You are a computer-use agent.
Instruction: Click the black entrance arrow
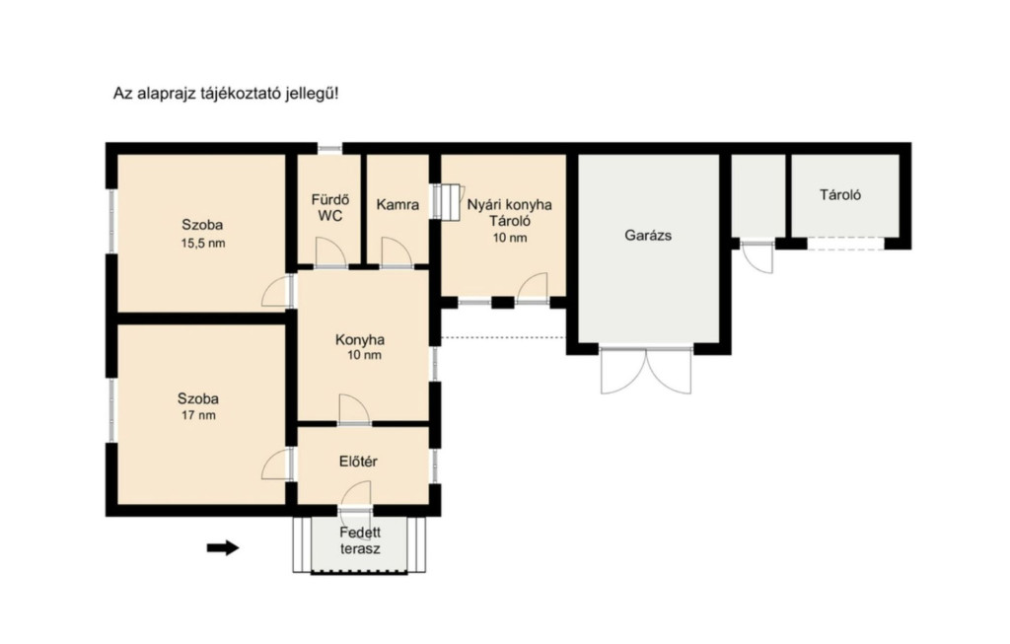[223, 548]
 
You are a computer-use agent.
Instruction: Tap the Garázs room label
[648, 236]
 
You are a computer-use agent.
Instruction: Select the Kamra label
[397, 205]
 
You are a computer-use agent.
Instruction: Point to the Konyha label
[360, 340]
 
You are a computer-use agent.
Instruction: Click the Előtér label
[358, 462]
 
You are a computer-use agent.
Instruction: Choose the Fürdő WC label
[329, 207]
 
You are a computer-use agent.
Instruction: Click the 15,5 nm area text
[203, 244]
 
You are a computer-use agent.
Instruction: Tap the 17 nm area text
[198, 415]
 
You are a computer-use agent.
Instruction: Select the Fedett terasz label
[360, 541]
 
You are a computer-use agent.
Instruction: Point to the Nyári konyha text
[510, 205]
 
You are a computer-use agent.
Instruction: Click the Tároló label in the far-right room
[840, 194]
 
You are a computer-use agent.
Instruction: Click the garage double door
[646, 370]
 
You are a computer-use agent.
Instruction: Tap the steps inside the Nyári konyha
[447, 202]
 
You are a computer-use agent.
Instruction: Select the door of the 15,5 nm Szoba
[277, 291]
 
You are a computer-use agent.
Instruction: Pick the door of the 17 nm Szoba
[277, 464]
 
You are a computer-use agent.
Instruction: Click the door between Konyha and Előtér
[354, 410]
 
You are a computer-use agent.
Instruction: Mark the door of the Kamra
[397, 252]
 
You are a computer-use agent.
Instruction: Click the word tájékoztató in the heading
[239, 94]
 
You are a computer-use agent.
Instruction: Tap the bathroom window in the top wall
[329, 149]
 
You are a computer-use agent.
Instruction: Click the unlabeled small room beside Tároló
[758, 196]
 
